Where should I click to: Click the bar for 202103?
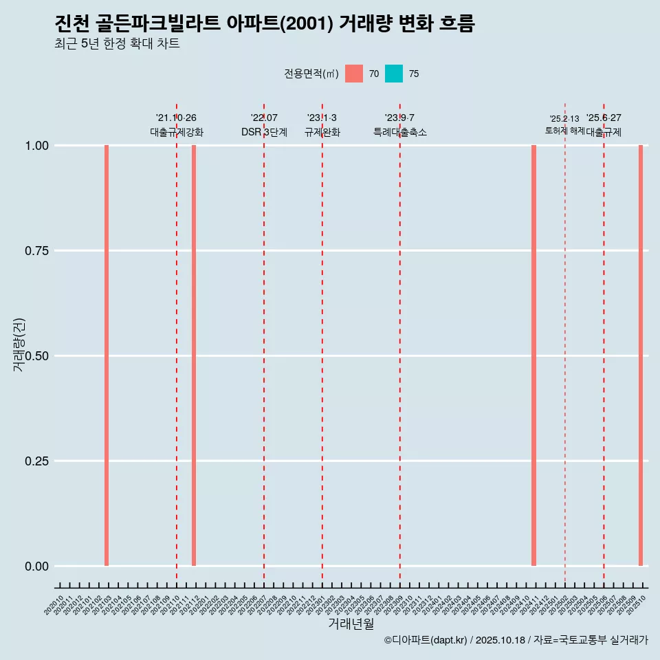click(107, 355)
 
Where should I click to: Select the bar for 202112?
click(194, 355)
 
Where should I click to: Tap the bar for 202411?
click(533, 355)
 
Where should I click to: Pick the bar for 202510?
click(640, 355)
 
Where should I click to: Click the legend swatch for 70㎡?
click(354, 74)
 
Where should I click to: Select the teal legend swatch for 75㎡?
click(394, 74)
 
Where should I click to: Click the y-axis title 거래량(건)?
click(19, 344)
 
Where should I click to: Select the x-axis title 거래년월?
click(351, 624)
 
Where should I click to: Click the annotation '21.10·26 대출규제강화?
click(177, 125)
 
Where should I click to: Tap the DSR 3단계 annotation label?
click(264, 132)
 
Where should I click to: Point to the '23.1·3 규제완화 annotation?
click(322, 125)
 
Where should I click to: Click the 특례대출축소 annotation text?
click(399, 132)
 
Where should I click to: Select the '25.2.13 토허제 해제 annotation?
click(564, 124)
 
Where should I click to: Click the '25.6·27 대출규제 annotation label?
click(604, 125)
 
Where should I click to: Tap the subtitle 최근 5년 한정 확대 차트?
click(117, 43)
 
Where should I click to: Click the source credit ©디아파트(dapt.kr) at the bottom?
click(426, 640)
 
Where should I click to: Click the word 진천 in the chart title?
click(69, 23)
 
